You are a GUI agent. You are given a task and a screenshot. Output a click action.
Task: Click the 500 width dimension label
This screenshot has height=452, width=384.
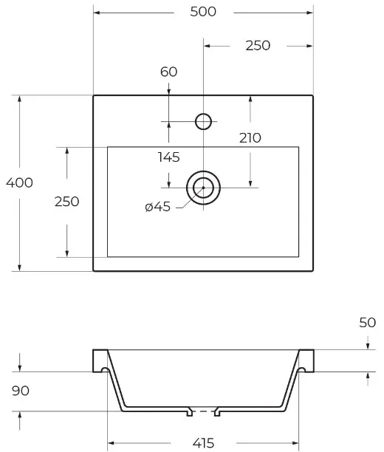[x=203, y=12]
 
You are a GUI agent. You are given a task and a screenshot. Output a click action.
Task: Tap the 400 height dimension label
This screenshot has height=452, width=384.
[x=19, y=182]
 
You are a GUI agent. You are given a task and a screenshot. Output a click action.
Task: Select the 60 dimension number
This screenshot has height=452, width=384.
[x=168, y=72]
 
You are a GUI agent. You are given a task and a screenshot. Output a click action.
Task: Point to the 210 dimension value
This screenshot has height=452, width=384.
[x=250, y=138]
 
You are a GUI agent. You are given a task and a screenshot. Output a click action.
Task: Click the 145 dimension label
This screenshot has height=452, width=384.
[x=168, y=157]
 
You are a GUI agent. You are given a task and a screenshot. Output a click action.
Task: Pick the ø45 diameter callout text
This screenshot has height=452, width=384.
[x=158, y=207]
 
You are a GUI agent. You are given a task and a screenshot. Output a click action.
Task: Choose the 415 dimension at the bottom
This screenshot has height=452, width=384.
[x=203, y=443]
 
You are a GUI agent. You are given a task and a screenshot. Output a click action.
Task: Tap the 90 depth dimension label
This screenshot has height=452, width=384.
[x=21, y=391]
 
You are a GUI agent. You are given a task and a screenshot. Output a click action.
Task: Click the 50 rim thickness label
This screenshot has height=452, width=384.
[x=368, y=323]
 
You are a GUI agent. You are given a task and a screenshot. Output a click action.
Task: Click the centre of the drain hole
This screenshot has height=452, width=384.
[x=203, y=188]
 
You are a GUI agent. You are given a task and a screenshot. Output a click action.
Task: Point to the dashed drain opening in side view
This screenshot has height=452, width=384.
[x=204, y=411]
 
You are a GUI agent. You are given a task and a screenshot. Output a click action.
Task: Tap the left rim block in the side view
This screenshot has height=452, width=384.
[x=99, y=360]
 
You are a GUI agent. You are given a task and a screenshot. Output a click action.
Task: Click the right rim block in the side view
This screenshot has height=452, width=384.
[x=307, y=360]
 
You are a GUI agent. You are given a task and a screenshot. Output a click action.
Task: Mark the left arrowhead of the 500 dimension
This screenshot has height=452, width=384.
[x=97, y=13]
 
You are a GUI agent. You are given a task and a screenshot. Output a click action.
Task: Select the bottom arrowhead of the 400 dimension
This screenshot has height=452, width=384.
[x=20, y=267]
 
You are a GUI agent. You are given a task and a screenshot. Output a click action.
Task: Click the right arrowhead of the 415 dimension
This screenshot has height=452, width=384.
[x=295, y=443]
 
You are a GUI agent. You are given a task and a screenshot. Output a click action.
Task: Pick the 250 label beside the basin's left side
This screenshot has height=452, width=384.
[x=67, y=202]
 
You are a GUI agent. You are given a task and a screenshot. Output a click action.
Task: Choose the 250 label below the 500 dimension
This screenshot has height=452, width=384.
[x=258, y=46]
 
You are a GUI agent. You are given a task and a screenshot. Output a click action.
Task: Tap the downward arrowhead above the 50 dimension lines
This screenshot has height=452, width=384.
[x=368, y=346]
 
